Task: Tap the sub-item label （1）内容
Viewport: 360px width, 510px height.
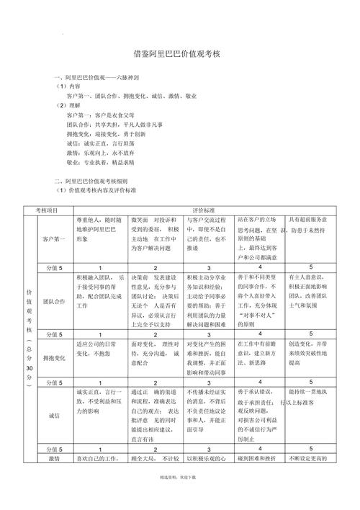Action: click(71, 86)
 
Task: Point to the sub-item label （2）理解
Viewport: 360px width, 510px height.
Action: click(71, 105)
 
